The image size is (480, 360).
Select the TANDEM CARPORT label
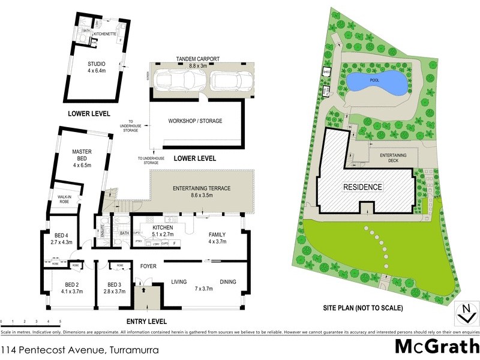click(x=197, y=58)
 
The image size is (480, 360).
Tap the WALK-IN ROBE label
click(x=64, y=200)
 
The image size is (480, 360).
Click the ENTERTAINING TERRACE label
click(x=202, y=188)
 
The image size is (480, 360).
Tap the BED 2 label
click(x=73, y=284)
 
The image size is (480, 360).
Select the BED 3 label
click(x=115, y=284)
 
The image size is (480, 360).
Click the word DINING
click(x=227, y=281)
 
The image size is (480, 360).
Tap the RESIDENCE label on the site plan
click(x=362, y=187)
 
